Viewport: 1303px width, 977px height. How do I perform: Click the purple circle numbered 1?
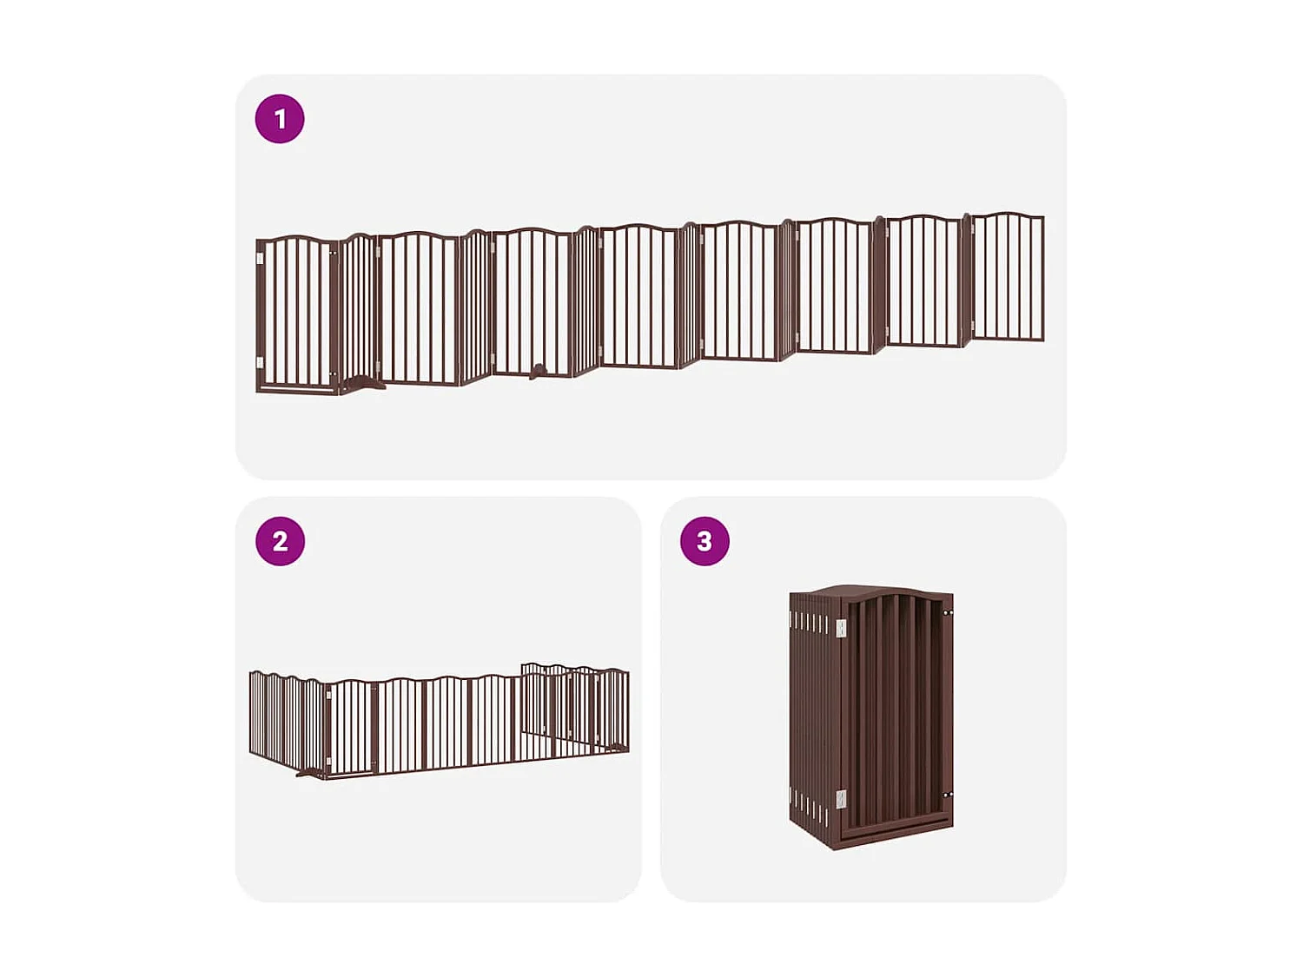pyautogui.click(x=280, y=119)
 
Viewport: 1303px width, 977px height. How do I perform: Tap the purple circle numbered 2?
pyautogui.click(x=280, y=541)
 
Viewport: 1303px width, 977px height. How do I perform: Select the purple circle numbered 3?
pyautogui.click(x=704, y=541)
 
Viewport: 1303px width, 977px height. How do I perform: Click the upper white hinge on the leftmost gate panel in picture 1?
pyautogui.click(x=260, y=258)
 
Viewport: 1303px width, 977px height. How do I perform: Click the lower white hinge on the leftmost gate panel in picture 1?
pyautogui.click(x=260, y=362)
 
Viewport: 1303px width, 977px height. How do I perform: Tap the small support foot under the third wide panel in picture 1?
pyautogui.click(x=539, y=372)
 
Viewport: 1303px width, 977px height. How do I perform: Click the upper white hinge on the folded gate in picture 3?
pyautogui.click(x=841, y=627)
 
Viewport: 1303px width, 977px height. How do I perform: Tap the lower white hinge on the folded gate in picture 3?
pyautogui.click(x=841, y=799)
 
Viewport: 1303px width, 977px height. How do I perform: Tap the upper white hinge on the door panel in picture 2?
pyautogui.click(x=328, y=695)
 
